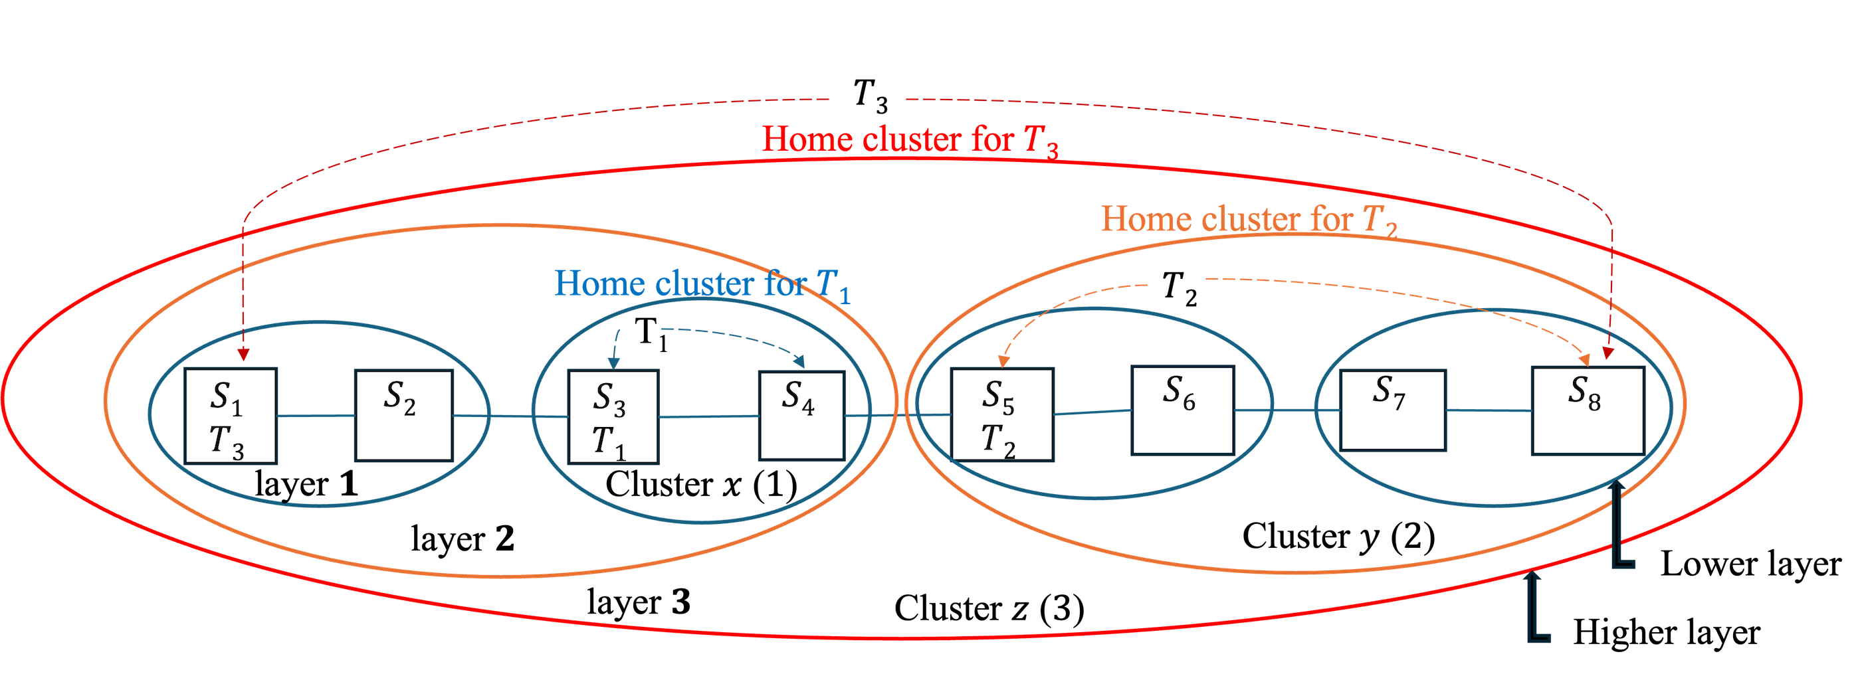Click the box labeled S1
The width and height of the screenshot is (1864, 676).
(231, 416)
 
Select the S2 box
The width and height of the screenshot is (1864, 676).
(403, 416)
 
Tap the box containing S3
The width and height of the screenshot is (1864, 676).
(613, 416)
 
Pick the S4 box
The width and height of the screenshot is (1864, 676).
(801, 416)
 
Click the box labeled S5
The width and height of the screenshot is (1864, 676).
(1002, 414)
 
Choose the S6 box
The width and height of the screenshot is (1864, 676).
(1182, 410)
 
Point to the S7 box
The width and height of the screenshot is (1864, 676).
(1393, 410)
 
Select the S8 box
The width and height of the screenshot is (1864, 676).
(1588, 410)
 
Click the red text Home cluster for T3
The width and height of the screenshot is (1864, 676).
(910, 139)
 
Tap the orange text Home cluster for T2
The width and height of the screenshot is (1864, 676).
(1249, 219)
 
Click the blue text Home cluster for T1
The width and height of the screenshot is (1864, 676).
(702, 284)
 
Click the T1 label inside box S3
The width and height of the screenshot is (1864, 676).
(609, 441)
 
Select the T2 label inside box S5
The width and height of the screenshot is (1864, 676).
(999, 440)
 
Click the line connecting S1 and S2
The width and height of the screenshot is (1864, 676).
(316, 416)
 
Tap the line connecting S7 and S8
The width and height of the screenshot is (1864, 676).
(1489, 410)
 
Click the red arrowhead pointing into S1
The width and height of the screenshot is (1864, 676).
(244, 356)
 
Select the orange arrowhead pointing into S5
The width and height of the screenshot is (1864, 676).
(1003, 361)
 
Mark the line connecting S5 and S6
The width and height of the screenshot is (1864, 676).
(1092, 412)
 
